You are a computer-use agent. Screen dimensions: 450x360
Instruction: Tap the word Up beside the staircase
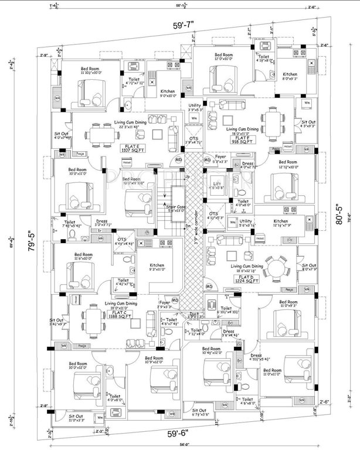187,176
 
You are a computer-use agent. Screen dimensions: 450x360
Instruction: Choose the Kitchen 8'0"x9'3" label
290,77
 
